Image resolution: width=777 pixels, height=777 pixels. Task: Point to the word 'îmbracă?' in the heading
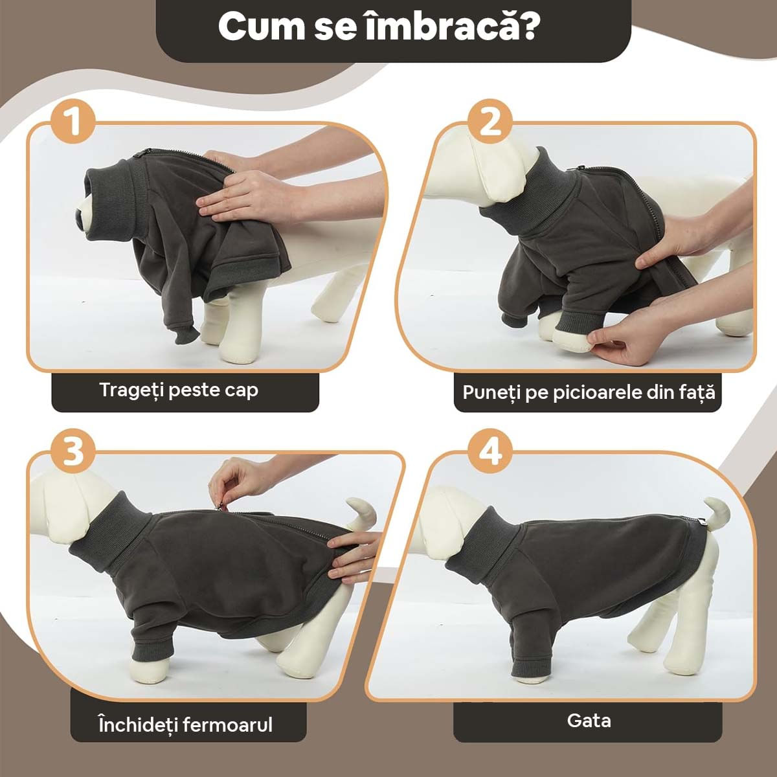tap(451, 26)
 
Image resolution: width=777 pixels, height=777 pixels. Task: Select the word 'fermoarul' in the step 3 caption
tap(228, 725)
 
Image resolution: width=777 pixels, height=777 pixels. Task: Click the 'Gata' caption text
tap(589, 721)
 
